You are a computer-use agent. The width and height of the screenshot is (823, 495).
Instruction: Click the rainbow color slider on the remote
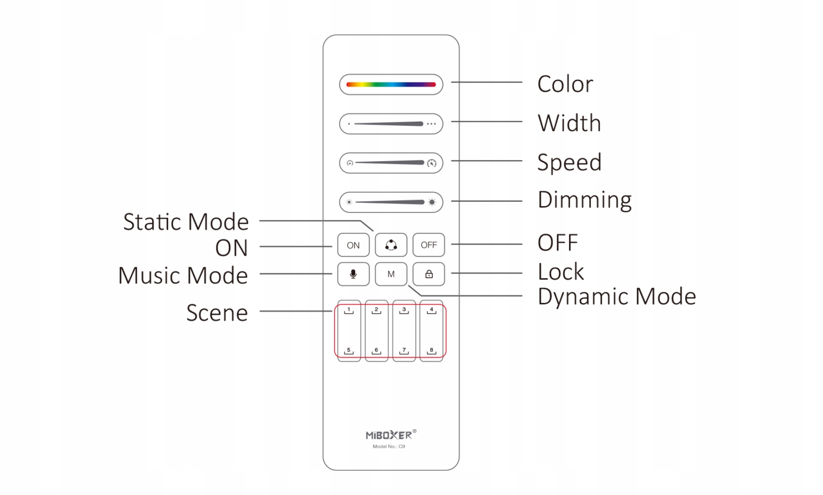click(391, 85)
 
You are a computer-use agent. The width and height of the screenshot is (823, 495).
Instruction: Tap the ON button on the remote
click(353, 245)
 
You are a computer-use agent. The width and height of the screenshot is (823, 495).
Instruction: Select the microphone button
click(353, 274)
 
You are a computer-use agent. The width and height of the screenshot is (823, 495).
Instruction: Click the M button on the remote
click(391, 274)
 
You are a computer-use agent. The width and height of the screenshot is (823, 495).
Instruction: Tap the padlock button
click(429, 274)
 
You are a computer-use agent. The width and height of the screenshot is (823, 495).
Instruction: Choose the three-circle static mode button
click(391, 245)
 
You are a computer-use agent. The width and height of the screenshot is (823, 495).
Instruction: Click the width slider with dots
click(391, 124)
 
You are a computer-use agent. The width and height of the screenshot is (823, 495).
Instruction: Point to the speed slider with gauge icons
click(391, 163)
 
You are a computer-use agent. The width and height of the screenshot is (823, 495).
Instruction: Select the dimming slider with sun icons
click(391, 202)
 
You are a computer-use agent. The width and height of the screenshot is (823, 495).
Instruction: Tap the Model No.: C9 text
click(389, 446)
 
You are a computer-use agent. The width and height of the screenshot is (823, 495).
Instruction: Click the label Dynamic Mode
click(616, 296)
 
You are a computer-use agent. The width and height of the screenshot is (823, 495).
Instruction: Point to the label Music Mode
click(183, 276)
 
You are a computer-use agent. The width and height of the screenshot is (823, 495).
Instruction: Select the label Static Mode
click(186, 222)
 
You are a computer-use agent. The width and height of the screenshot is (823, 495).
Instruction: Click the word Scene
click(217, 313)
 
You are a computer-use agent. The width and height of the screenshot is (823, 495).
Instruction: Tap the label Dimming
click(584, 200)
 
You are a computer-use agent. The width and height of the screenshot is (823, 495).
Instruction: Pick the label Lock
click(560, 272)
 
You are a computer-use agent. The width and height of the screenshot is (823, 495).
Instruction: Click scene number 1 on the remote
click(349, 310)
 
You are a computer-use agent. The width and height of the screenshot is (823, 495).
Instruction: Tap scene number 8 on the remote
click(431, 351)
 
